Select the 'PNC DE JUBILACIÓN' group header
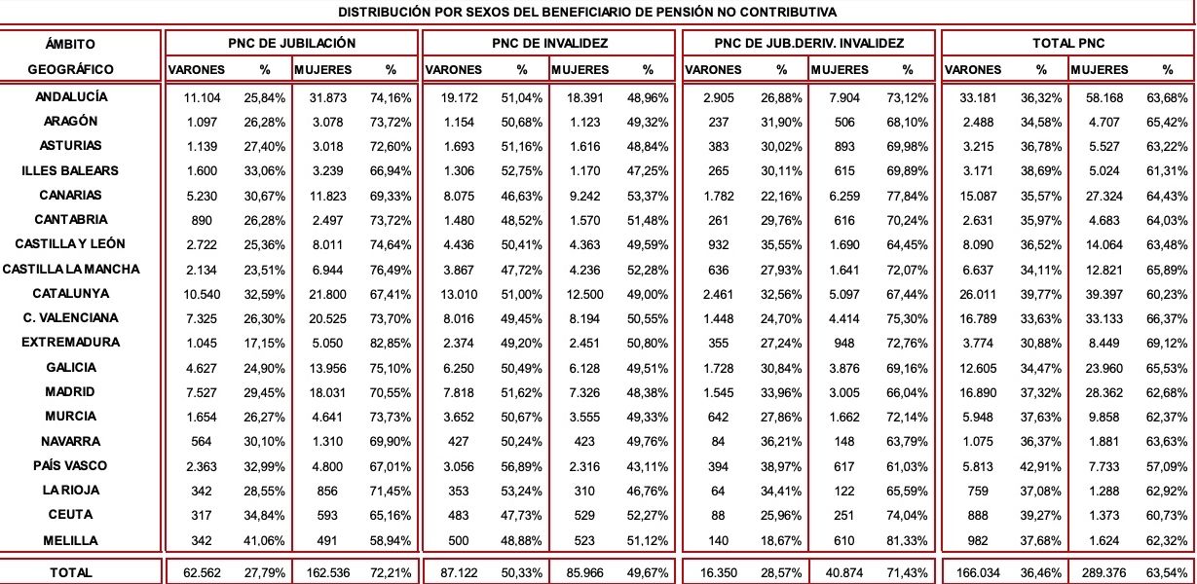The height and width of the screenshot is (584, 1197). [291, 44]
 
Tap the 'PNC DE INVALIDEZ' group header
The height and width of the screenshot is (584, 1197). [550, 44]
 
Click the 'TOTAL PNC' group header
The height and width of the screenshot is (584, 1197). [1068, 44]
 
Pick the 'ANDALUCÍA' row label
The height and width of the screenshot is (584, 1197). [71, 97]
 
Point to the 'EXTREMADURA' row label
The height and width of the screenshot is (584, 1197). [71, 343]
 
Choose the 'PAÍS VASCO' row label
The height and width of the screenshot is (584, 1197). [71, 465]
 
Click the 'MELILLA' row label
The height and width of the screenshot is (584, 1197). [71, 539]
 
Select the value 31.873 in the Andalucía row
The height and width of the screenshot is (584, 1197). [327, 98]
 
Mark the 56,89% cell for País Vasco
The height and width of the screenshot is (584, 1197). [521, 465]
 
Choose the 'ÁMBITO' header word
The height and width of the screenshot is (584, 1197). [71, 45]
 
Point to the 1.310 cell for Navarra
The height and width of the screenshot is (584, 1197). [330, 441]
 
